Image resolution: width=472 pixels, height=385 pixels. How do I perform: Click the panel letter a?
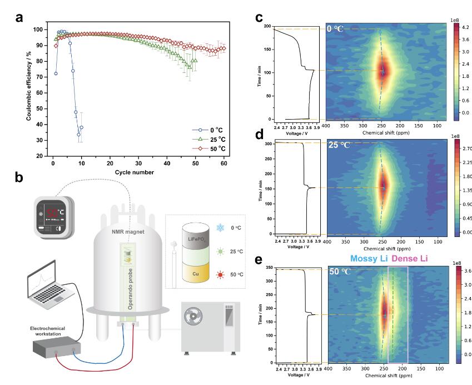click(19, 17)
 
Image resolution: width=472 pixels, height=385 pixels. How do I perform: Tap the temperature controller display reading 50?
click(53, 213)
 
